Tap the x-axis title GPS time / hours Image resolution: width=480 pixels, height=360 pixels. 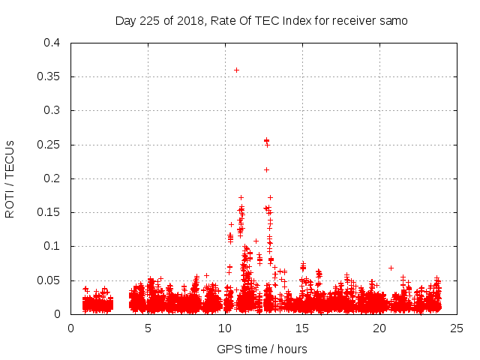coord(262,349)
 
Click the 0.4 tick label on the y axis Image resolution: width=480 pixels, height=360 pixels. coord(52,43)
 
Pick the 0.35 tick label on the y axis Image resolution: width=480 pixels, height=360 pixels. coord(49,76)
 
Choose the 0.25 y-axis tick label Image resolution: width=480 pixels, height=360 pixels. coord(49,144)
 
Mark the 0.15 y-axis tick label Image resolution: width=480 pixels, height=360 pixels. coord(49,212)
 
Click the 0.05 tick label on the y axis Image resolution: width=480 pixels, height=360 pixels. coord(49,280)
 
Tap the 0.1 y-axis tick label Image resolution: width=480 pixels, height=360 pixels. coord(52,246)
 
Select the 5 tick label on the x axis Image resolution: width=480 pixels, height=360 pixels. coord(148,328)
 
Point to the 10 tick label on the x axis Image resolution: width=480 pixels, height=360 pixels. coord(225,328)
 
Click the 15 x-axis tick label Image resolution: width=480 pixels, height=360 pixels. coord(302,328)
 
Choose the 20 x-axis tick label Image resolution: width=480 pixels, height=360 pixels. coord(379,328)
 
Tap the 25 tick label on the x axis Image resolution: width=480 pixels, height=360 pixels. coord(457,328)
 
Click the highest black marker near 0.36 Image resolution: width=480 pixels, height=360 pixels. coord(236,70)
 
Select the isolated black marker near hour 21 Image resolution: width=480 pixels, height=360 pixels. coord(391,268)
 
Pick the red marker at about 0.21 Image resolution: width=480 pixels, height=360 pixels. coord(266,169)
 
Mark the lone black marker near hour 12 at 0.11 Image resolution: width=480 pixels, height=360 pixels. coord(256,241)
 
